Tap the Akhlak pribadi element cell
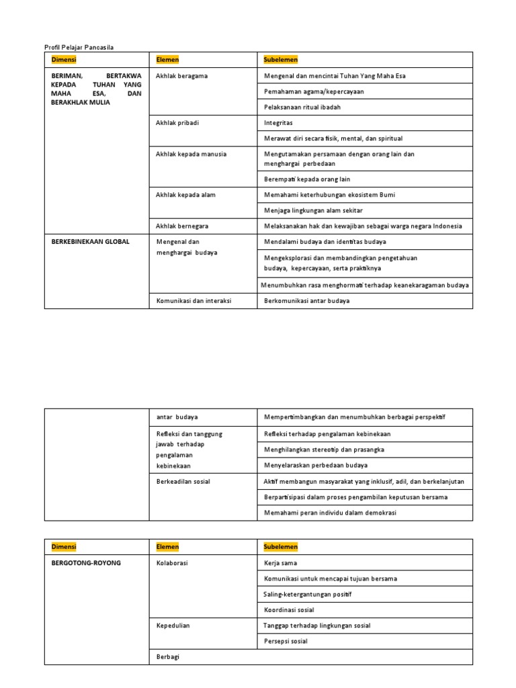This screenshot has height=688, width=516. pyautogui.click(x=177, y=123)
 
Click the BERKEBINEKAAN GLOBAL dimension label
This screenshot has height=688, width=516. pyautogui.click(x=90, y=241)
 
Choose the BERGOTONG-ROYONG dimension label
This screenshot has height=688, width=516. pyautogui.click(x=86, y=562)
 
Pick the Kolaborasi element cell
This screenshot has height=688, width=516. pyautogui.click(x=172, y=562)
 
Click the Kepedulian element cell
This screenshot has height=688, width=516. pyautogui.click(x=173, y=626)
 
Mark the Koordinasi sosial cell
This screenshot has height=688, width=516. pyautogui.click(x=290, y=610)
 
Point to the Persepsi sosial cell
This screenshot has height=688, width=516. pyautogui.click(x=286, y=641)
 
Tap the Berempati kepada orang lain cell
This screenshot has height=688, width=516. pyautogui.click(x=307, y=179)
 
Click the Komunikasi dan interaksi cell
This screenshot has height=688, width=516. pyautogui.click(x=193, y=301)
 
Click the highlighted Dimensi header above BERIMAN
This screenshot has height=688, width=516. pyautogui.click(x=64, y=60)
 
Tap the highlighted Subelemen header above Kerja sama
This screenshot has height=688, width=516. pyautogui.click(x=281, y=546)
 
